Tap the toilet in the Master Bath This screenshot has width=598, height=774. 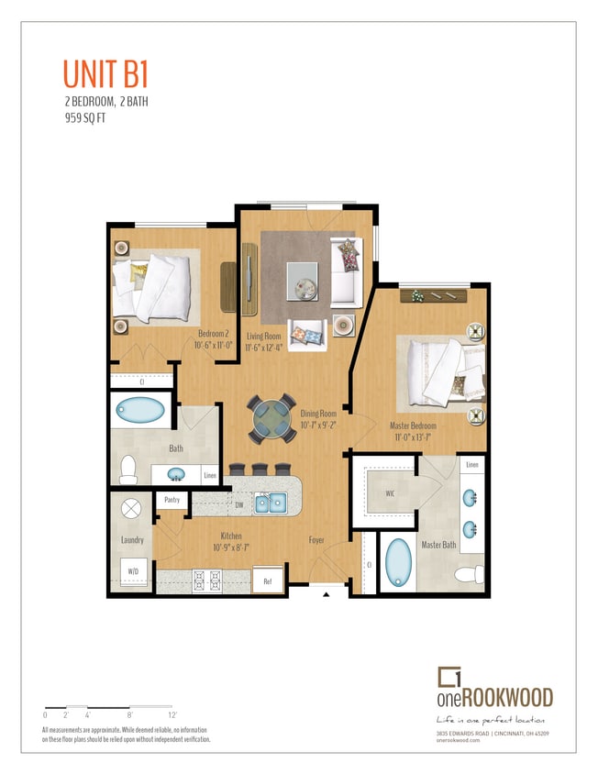(x=470, y=575)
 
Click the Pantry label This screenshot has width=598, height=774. (x=171, y=501)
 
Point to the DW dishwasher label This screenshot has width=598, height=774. (x=239, y=503)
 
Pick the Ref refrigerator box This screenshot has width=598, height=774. (x=268, y=580)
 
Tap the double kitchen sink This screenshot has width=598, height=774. (x=271, y=502)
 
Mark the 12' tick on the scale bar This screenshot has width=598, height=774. (x=172, y=713)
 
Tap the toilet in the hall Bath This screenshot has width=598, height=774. (x=128, y=469)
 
